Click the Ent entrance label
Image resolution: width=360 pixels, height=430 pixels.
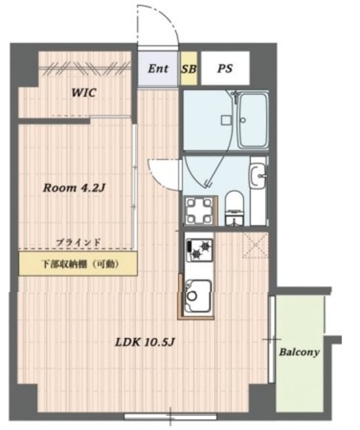[159, 69]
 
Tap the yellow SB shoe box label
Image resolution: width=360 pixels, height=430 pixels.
[189, 69]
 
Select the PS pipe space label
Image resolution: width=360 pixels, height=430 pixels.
[225, 69]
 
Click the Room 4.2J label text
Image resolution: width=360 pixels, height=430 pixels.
[75, 188]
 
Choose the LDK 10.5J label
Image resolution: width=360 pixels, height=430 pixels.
[146, 341]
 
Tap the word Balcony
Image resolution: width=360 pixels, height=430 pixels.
[299, 351]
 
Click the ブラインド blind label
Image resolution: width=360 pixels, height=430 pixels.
[78, 241]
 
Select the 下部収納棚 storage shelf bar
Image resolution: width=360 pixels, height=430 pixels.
[79, 263]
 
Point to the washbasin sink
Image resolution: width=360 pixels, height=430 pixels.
[257, 176]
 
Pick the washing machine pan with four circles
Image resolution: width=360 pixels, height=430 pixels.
[200, 211]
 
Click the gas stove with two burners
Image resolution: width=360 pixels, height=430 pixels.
[197, 251]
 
